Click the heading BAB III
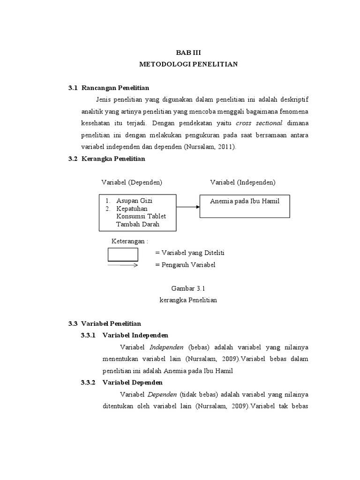(x=188, y=53)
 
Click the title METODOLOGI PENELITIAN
(x=188, y=64)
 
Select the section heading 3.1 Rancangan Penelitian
(x=109, y=88)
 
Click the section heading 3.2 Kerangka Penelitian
(x=107, y=159)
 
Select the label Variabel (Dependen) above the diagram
(x=132, y=182)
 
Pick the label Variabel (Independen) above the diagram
(x=242, y=182)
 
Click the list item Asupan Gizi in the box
(x=134, y=201)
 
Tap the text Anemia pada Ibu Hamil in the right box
(x=245, y=201)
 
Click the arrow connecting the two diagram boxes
(x=188, y=207)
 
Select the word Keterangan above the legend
(x=129, y=241)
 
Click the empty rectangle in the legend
(x=123, y=254)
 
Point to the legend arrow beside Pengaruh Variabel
(x=123, y=265)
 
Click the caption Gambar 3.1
(x=188, y=289)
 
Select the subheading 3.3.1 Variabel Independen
(x=125, y=336)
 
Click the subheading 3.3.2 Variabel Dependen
(x=121, y=382)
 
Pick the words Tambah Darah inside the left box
(x=138, y=224)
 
